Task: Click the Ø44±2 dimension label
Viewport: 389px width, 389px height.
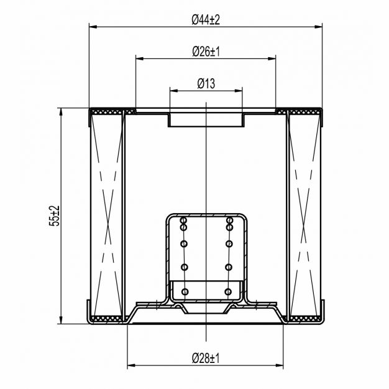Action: tap(206, 20)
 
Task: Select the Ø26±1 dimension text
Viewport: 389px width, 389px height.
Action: tap(206, 52)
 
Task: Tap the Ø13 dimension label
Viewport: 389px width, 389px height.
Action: tap(206, 84)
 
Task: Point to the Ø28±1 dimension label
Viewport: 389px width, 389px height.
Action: tap(206, 358)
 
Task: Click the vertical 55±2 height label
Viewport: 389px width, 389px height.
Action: tap(55, 216)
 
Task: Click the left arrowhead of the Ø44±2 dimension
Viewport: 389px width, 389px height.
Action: tap(93, 27)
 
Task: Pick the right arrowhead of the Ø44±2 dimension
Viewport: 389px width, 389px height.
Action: tap(318, 27)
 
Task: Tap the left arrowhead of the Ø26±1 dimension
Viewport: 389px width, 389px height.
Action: tap(140, 58)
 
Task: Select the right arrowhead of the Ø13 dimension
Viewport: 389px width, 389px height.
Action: tap(239, 91)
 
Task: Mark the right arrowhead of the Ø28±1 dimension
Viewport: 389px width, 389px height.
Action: tap(280, 365)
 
